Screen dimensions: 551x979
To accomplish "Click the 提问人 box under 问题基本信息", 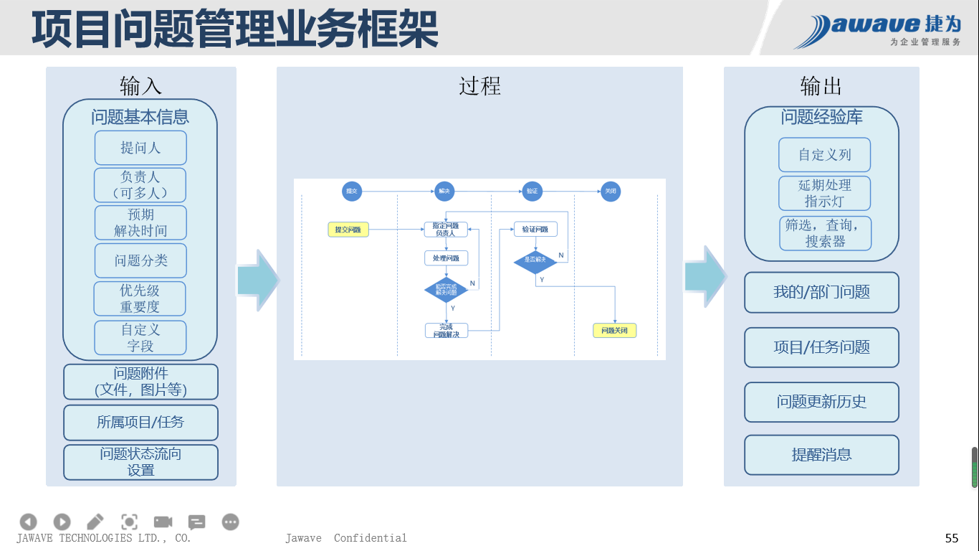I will (x=140, y=148).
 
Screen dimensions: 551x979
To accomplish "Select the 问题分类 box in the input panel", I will (x=140, y=260).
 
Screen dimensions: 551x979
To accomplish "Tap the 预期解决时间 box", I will (x=140, y=222).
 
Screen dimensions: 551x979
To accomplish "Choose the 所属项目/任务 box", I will (x=140, y=423).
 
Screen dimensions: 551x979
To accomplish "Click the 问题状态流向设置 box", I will (x=140, y=462).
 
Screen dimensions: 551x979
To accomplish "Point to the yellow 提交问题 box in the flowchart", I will (x=348, y=230).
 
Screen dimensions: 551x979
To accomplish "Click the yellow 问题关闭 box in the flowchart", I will (x=614, y=331).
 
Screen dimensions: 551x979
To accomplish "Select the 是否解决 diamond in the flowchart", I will (x=535, y=260).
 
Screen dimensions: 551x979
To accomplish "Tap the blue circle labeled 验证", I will (x=531, y=192).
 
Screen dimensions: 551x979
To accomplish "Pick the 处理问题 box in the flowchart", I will (x=446, y=258).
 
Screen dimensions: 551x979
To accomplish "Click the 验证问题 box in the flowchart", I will (x=535, y=230).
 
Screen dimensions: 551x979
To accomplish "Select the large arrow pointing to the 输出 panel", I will (x=704, y=277).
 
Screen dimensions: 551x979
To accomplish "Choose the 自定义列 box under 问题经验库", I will (x=824, y=155).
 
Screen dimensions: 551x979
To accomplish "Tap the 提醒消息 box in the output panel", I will (x=821, y=455).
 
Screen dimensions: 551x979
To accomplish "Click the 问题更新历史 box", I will (x=821, y=402).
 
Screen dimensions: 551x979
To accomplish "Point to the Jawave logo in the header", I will (x=877, y=30).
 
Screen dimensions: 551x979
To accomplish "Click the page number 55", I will (x=952, y=538).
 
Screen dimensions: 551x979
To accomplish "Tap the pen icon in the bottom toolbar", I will (x=95, y=522).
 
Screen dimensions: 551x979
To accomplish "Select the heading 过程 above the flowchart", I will (x=479, y=86).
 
